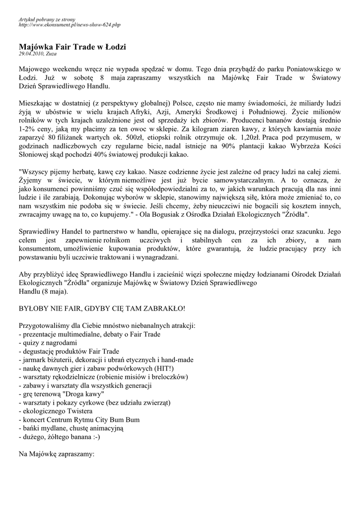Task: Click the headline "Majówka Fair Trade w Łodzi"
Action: [72, 47]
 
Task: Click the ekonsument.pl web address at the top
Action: [70, 24]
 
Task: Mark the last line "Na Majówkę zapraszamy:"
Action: [56, 453]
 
